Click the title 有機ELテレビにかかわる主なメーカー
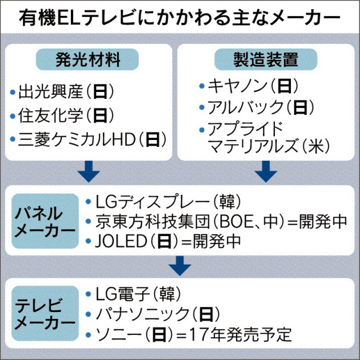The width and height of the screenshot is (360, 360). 180,21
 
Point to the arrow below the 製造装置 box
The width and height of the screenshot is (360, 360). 265,170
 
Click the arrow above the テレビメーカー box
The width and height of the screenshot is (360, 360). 179,265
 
